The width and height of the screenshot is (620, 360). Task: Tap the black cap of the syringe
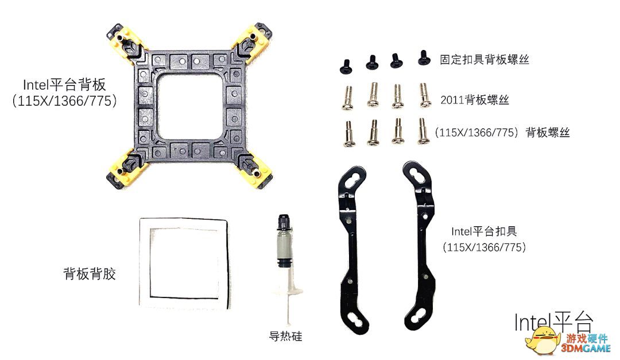click(x=284, y=223)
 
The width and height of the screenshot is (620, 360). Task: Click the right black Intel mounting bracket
click(x=423, y=245)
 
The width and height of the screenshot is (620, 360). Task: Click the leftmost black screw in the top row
click(x=346, y=67)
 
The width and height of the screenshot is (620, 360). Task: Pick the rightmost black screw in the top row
click(x=424, y=58)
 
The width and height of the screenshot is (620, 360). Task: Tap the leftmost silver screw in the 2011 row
click(x=347, y=98)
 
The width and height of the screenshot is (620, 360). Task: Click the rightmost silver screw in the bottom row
click(x=423, y=131)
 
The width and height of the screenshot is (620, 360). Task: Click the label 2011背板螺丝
click(x=475, y=100)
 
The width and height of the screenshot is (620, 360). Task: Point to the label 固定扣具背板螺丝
click(x=485, y=60)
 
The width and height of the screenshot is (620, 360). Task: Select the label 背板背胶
click(x=90, y=274)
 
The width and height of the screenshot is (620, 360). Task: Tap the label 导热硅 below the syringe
click(x=285, y=336)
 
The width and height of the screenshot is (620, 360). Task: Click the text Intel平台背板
click(x=64, y=84)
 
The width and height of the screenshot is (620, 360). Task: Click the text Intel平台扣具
click(x=484, y=231)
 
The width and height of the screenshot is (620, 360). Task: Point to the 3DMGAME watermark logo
click(x=568, y=343)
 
